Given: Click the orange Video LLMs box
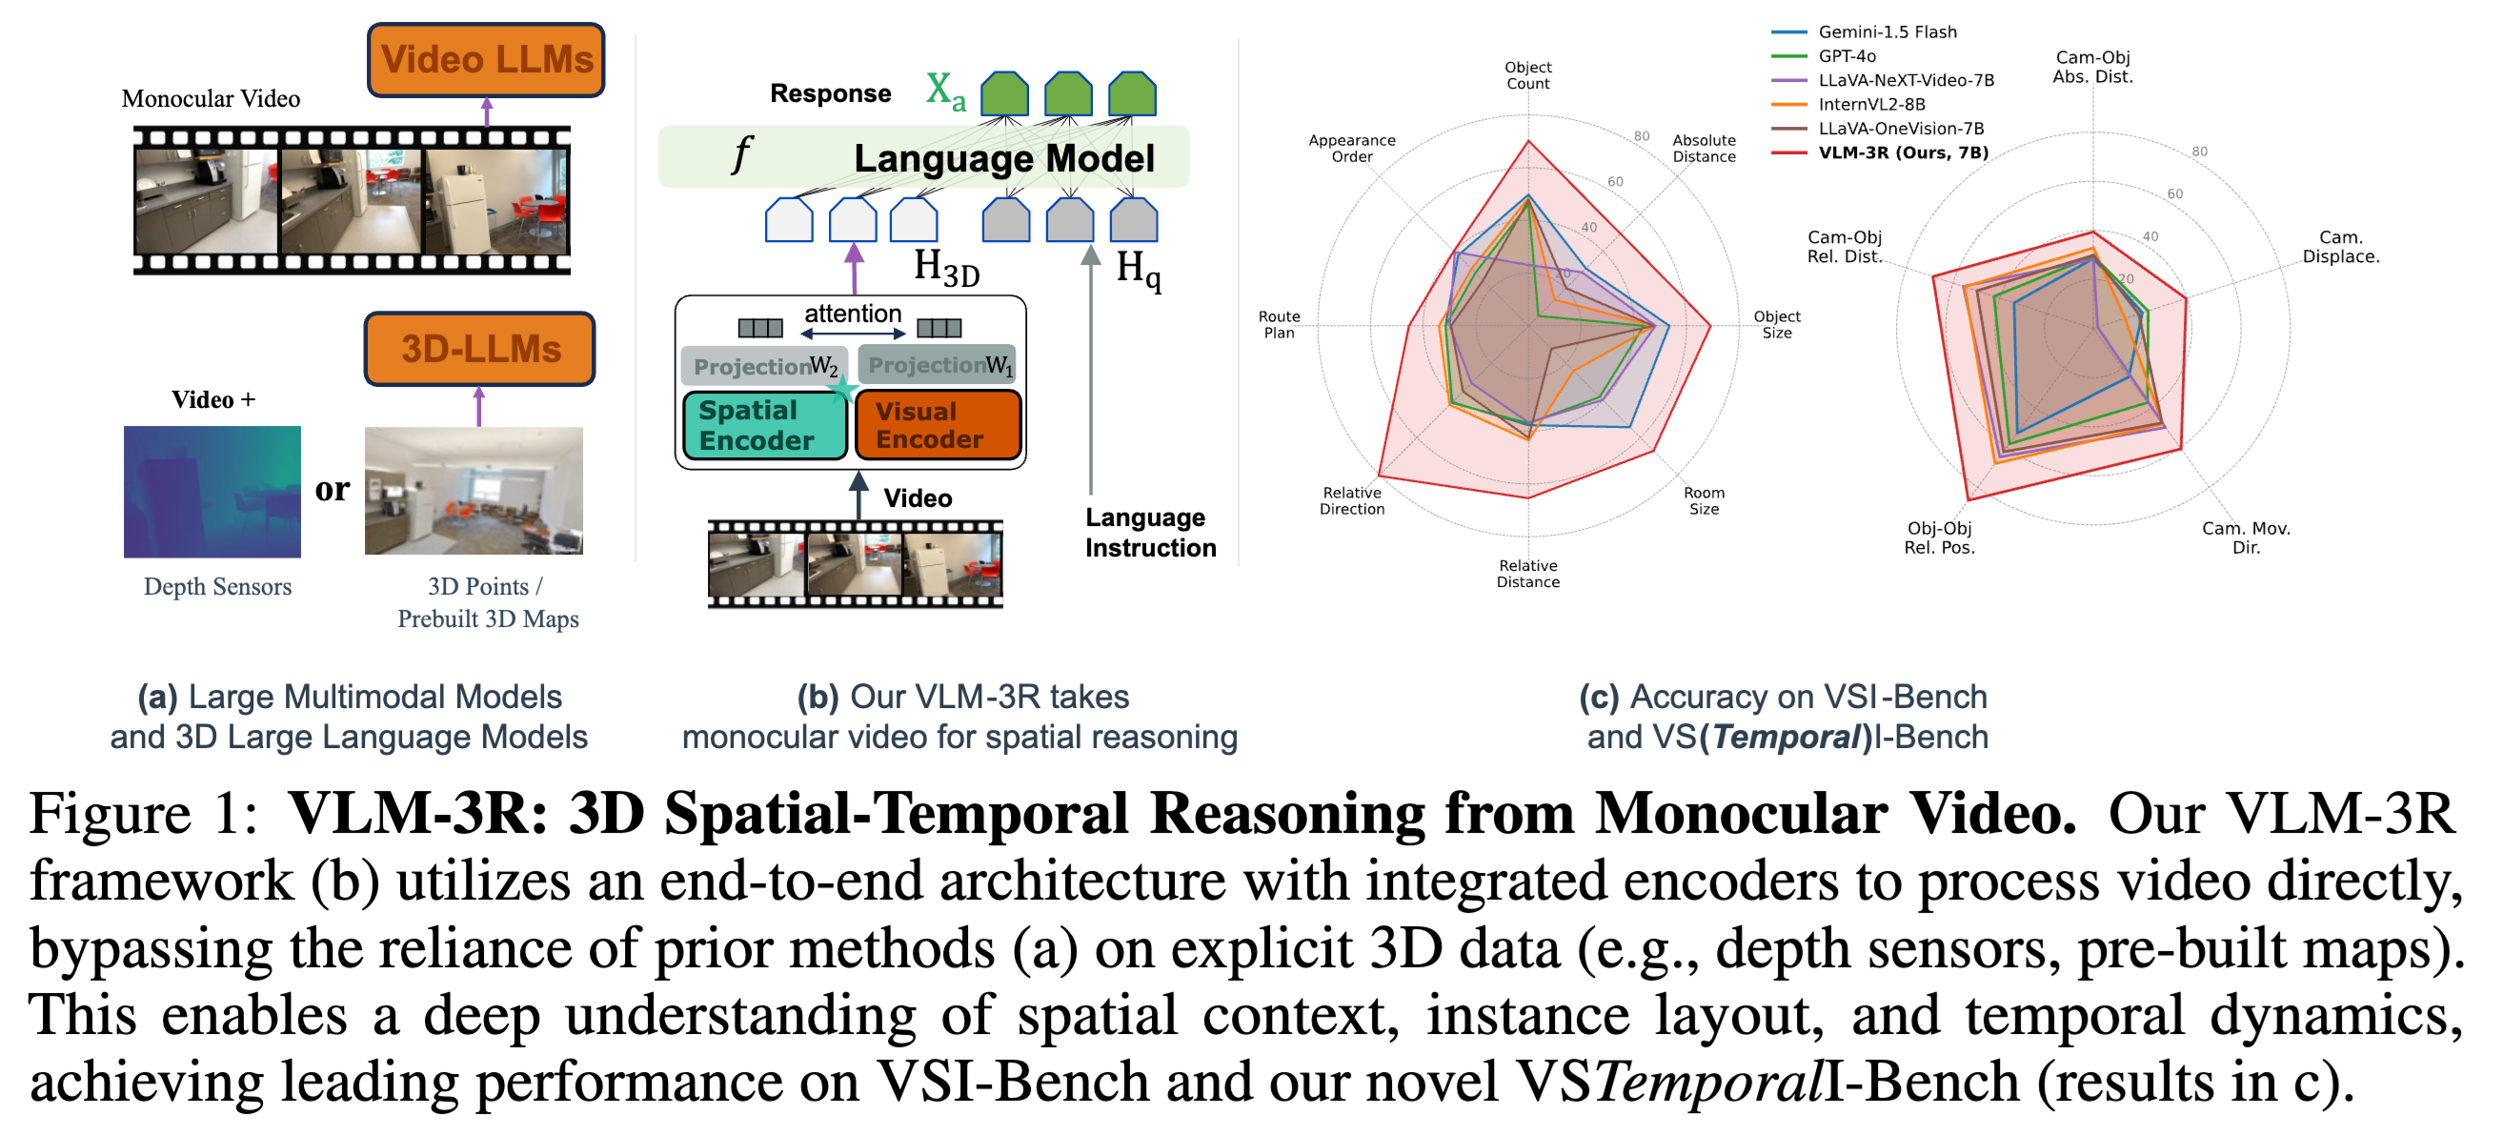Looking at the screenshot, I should pos(486,60).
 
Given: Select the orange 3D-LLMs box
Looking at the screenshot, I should pos(480,349).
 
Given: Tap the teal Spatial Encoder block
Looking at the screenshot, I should pos(763,426).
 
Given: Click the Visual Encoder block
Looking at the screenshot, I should pos(938,426).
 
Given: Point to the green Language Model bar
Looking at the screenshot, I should pos(922,157).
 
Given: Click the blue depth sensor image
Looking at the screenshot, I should pos(212,492).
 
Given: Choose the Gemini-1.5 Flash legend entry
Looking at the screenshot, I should pos(1886,32).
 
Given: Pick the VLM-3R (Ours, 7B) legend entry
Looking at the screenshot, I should pos(1902,152).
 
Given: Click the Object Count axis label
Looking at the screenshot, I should pos(1527,75).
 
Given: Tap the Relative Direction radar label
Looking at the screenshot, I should pos(1351,500).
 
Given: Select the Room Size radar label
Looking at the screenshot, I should pos(1703,500).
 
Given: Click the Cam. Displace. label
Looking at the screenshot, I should pos(2339,247).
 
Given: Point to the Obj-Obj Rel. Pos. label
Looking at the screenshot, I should pos(1938,537).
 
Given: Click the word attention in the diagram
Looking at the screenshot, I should pos(852,314).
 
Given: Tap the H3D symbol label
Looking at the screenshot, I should pos(945,267).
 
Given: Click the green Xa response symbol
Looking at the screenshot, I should pos(944,91).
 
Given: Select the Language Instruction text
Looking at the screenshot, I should pos(1149,533).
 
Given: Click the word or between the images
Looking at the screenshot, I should pos(333,489).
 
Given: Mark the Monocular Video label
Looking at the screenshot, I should pos(211,99).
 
